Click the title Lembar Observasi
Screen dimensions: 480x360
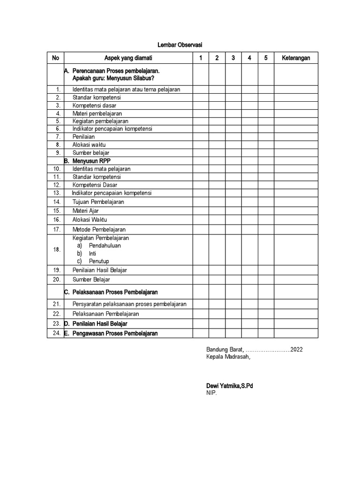coord(180,45)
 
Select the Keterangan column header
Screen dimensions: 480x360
coord(295,58)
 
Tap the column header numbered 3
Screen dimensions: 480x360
coord(233,58)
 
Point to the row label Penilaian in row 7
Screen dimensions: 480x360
coord(83,137)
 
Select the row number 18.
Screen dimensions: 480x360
coord(57,249)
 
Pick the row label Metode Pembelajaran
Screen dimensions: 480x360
coord(99,230)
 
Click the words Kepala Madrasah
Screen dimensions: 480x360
coord(228,357)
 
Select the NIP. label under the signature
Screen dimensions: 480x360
coord(211,393)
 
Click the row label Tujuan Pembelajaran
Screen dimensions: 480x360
coord(98,202)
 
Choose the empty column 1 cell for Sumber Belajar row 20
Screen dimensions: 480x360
coord(200,280)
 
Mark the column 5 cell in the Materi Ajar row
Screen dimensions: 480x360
coord(266,211)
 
